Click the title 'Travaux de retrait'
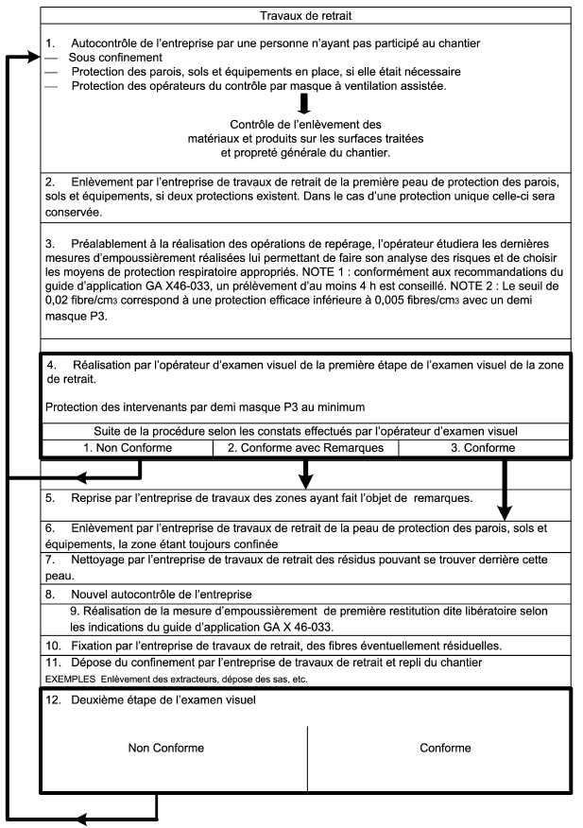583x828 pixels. click(306, 15)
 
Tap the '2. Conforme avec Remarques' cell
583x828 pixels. click(306, 448)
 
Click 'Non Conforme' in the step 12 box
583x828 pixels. click(166, 748)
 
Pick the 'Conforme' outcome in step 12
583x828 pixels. click(445, 748)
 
